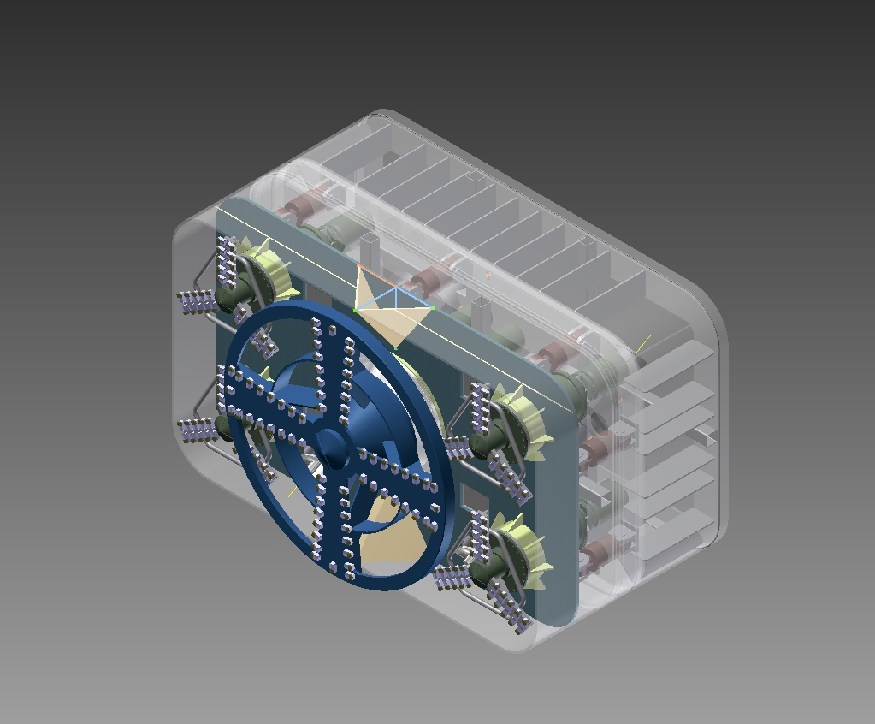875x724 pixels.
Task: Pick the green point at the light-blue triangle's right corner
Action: [434, 308]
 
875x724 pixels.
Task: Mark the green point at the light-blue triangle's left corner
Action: [356, 310]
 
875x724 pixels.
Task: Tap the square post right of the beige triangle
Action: [480, 313]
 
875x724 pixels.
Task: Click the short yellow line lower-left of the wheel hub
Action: [293, 491]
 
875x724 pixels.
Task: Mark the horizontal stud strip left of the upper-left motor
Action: [198, 302]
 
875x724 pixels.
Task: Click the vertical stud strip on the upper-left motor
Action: [228, 262]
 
